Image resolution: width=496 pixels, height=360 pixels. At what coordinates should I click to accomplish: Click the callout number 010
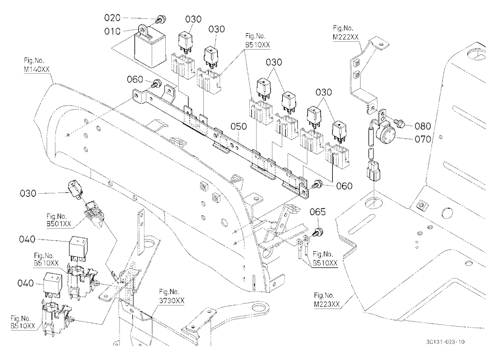[x=112, y=31]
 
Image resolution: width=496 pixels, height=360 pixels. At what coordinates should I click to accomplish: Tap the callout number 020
[x=112, y=18]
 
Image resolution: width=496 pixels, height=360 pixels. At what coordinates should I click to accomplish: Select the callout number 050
[x=239, y=126]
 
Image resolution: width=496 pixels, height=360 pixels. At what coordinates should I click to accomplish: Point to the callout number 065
[x=317, y=212]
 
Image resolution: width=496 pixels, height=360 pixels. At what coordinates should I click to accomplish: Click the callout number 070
[x=423, y=139]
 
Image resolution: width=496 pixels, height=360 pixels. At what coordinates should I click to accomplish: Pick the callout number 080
[x=423, y=126]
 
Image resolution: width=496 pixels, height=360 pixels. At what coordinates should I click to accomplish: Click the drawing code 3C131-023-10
[x=445, y=342]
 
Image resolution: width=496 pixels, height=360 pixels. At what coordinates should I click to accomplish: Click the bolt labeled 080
[x=399, y=123]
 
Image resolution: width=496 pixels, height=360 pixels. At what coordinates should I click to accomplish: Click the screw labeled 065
[x=317, y=232]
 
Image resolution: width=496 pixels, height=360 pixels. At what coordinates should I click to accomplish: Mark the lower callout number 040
[x=25, y=283]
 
